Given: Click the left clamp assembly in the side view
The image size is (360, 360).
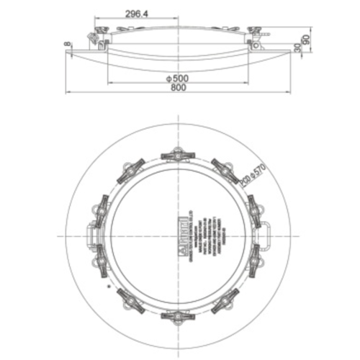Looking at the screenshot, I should pyautogui.click(x=95, y=36).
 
